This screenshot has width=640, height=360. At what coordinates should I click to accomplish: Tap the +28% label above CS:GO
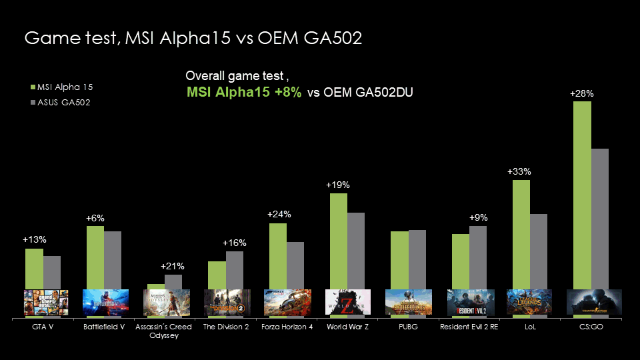pyautogui.click(x=582, y=94)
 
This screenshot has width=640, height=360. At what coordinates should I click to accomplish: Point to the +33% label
pyautogui.click(x=519, y=171)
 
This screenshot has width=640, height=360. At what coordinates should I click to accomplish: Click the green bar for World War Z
pyautogui.click(x=339, y=241)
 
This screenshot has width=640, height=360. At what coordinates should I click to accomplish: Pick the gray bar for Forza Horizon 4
pyautogui.click(x=295, y=265)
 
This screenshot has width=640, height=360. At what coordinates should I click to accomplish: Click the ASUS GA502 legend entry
pyautogui.click(x=61, y=103)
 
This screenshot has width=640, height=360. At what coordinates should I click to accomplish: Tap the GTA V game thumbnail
pyautogui.click(x=43, y=302)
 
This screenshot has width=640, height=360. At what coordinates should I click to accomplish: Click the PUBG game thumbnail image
pyautogui.click(x=408, y=302)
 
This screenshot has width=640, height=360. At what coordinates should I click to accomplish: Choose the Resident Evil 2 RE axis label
pyautogui.click(x=469, y=327)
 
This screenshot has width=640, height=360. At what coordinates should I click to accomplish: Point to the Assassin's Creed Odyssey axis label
pyautogui.click(x=163, y=331)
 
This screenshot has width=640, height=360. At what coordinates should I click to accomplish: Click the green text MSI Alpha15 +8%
pyautogui.click(x=244, y=93)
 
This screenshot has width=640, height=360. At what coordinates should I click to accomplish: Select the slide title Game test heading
pyautogui.click(x=193, y=38)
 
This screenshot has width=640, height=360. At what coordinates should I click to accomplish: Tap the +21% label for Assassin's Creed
pyautogui.click(x=173, y=266)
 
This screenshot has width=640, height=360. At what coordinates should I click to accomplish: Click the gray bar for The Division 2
pyautogui.click(x=234, y=270)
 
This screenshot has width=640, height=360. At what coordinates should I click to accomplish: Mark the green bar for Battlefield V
pyautogui.click(x=95, y=257)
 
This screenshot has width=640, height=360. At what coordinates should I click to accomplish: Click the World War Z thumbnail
pyautogui.click(x=347, y=302)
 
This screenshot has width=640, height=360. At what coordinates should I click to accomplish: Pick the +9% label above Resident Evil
pyautogui.click(x=478, y=217)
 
